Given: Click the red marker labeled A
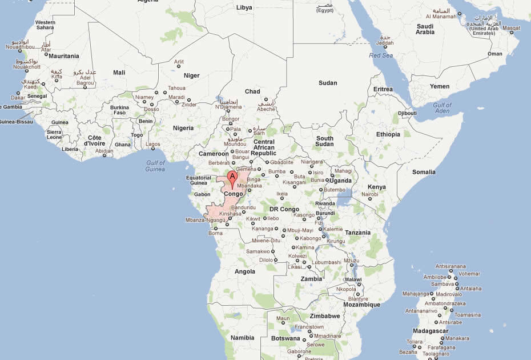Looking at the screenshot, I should click(x=232, y=177).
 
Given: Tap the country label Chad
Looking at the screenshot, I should click(x=252, y=91).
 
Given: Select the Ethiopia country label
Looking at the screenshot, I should click(x=388, y=134).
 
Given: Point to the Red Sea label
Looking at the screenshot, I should click(x=382, y=55).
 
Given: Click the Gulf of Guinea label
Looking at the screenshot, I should click(x=155, y=166).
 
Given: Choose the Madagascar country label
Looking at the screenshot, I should click(x=431, y=331).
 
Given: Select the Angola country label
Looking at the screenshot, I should click(x=245, y=271).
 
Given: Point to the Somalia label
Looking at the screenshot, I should click(x=424, y=172).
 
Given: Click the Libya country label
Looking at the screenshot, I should click(x=244, y=7).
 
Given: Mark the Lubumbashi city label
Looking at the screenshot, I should click(x=326, y=262).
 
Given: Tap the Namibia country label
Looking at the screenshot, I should click(x=243, y=338).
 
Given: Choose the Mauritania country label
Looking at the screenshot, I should click(x=64, y=56).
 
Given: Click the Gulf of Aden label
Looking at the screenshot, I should click(x=442, y=108).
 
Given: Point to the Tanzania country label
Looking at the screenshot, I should click(x=358, y=233).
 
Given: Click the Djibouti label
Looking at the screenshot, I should click(x=407, y=113).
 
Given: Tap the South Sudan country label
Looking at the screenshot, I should click(x=325, y=141).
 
